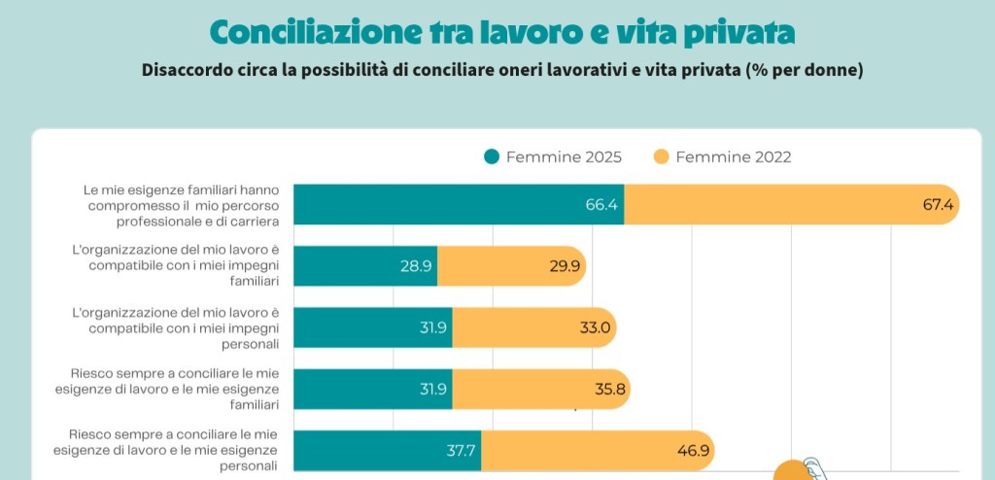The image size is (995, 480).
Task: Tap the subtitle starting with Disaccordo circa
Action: pos(502,71)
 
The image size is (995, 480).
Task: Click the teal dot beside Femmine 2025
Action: pos(492,156)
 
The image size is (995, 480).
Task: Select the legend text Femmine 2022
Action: pos(733,156)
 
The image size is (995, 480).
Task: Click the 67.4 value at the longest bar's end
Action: pos(940,204)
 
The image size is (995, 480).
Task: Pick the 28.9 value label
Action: pos(416,265)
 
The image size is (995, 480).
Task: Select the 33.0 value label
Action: pos(595,327)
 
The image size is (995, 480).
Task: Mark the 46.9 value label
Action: pos(693,451)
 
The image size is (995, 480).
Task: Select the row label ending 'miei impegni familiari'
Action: pos(176,265)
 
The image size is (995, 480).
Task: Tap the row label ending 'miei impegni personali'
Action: pos(176,327)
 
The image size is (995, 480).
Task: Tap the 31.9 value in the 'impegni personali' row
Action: pos(432,327)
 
